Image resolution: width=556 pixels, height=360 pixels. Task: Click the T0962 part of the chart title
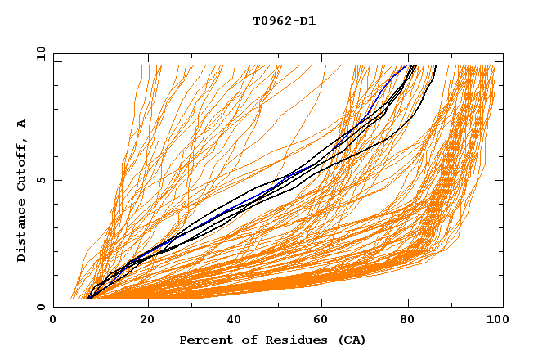tap(270, 21)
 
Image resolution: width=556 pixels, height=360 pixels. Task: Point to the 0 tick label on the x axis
tap(53, 321)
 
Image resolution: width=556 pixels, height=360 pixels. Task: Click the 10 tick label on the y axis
tap(40, 53)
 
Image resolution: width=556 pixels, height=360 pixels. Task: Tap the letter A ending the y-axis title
tap(22, 123)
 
